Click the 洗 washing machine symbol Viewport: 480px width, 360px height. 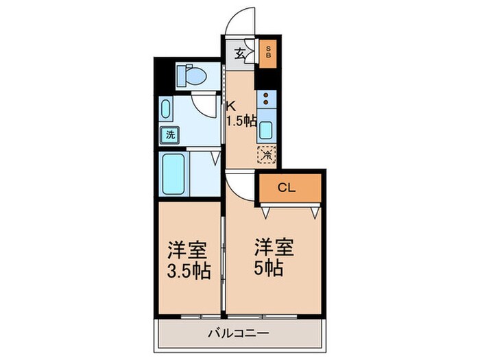(168, 135)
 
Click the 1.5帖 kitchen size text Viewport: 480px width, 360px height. (241, 121)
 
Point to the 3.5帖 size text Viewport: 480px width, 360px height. (187, 269)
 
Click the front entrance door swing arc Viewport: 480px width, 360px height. (241, 19)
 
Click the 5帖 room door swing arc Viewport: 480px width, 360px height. (240, 184)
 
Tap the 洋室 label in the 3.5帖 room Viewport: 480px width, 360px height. (187, 248)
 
